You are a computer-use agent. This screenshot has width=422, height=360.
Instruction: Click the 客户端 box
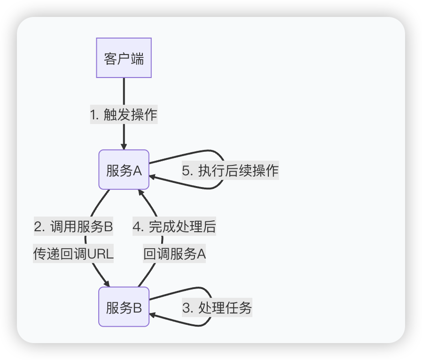tap(124, 58)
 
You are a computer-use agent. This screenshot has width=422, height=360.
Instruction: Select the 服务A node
tap(124, 170)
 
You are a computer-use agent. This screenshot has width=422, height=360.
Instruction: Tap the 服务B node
tap(124, 307)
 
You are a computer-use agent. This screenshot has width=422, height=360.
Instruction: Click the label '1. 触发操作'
tap(124, 114)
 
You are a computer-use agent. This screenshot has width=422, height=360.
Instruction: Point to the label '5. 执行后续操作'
tap(230, 170)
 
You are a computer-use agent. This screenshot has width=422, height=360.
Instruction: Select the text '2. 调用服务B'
tap(73, 227)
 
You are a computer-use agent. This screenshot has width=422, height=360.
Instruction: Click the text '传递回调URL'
tap(73, 254)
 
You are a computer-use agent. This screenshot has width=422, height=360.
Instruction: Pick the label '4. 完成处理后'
tap(174, 227)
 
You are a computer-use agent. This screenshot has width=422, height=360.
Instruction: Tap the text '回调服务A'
tap(174, 254)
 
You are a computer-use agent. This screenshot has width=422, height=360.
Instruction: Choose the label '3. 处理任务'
tap(217, 308)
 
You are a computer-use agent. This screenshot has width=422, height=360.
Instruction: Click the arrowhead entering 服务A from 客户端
tap(124, 146)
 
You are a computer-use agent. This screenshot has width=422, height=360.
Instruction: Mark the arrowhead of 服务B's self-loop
tap(153, 315)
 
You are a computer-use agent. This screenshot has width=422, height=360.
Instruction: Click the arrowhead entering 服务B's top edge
tap(107, 283)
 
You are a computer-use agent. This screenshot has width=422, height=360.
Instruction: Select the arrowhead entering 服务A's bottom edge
tap(140, 193)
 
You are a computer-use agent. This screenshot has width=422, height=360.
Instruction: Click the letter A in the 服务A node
tap(137, 170)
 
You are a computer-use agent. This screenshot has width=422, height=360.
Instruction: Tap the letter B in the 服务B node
tap(137, 307)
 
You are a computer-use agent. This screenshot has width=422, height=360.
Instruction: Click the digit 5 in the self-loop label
tap(186, 171)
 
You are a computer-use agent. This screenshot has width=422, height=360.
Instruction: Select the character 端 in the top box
tap(138, 59)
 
